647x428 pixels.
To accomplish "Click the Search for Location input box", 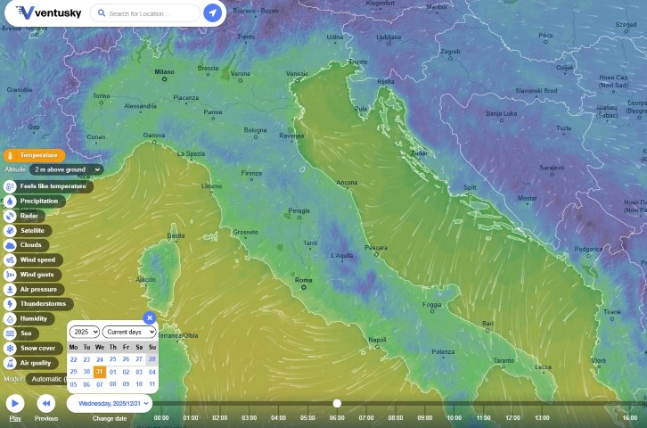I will [x=147, y=13].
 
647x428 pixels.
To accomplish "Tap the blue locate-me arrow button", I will [x=212, y=13].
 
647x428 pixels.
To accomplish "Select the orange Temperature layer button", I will [x=35, y=155].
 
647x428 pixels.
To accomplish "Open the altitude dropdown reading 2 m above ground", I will [x=66, y=169].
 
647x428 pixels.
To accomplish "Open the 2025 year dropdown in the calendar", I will [x=84, y=332].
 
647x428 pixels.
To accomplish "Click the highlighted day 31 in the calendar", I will [x=100, y=372].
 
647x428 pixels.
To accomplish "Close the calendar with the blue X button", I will [x=150, y=317].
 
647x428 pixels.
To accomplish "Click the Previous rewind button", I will [x=46, y=404].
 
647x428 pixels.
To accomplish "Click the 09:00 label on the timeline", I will [x=424, y=417].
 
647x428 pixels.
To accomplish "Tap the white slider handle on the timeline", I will [x=337, y=403].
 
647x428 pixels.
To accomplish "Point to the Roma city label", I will [x=303, y=280].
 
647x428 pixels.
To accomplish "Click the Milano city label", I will [x=164, y=71].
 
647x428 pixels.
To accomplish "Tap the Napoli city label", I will [x=377, y=339].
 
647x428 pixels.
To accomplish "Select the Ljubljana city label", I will [x=389, y=37].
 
